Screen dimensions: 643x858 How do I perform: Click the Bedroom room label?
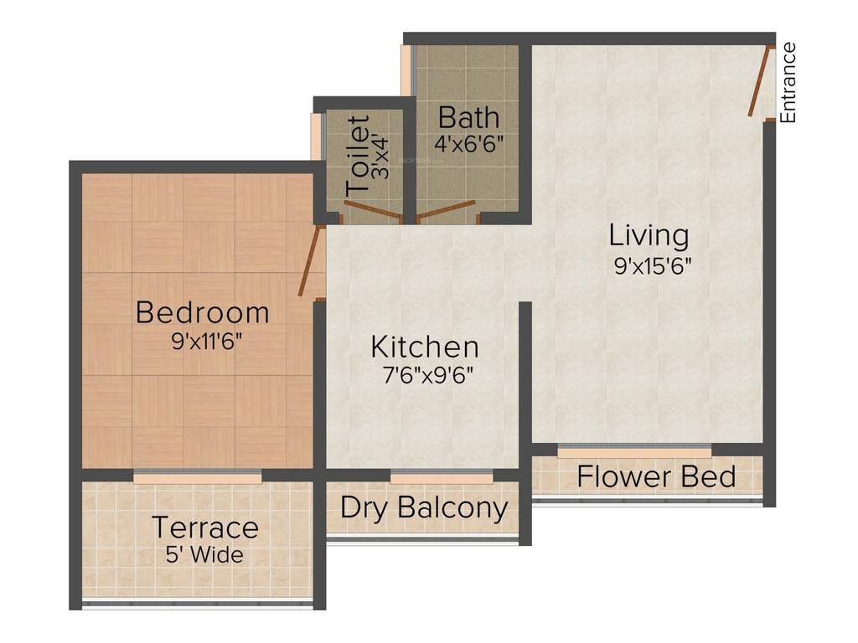202,312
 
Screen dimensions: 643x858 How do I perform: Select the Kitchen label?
425,347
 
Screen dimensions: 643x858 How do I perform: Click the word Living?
649,235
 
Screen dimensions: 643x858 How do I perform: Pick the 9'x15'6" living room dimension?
651,265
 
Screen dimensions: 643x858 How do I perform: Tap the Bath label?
468,116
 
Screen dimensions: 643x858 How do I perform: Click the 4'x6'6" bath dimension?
468,142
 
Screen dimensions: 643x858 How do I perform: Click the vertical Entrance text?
788,83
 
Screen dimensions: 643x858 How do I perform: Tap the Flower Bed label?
656,477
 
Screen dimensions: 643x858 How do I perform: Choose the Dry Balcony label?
424,508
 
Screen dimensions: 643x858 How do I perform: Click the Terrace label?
204,528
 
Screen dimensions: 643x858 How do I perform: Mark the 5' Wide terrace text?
204,554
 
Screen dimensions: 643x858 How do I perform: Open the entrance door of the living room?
759,81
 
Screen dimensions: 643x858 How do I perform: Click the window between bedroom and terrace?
197,476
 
